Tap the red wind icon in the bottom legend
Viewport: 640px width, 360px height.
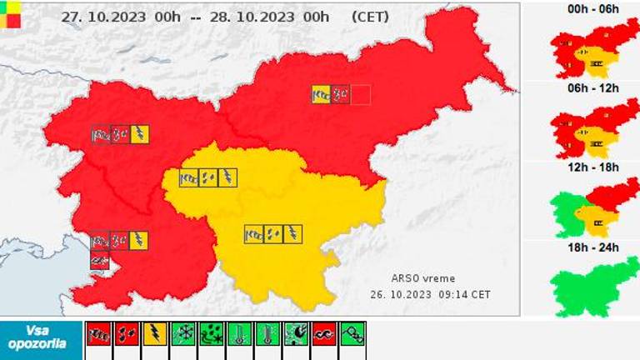[x=98, y=335]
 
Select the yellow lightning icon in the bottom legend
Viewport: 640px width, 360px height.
[x=155, y=335]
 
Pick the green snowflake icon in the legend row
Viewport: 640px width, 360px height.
[x=183, y=335]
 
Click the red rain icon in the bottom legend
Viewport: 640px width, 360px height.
[x=127, y=335]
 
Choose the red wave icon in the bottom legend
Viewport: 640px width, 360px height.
[x=325, y=335]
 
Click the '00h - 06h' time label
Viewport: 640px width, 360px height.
[x=592, y=8]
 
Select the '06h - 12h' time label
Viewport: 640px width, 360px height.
[x=592, y=88]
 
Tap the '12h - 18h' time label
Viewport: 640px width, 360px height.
[x=592, y=167]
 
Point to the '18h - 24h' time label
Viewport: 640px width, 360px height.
[x=592, y=247]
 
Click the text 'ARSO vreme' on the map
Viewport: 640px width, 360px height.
[x=423, y=278]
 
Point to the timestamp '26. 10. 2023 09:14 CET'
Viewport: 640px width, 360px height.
[x=430, y=294]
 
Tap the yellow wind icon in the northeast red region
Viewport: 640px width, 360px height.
[x=321, y=94]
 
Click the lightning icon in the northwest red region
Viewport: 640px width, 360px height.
[x=140, y=133]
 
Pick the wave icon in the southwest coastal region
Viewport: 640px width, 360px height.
[x=100, y=261]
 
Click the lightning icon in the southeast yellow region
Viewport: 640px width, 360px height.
[x=292, y=234]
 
